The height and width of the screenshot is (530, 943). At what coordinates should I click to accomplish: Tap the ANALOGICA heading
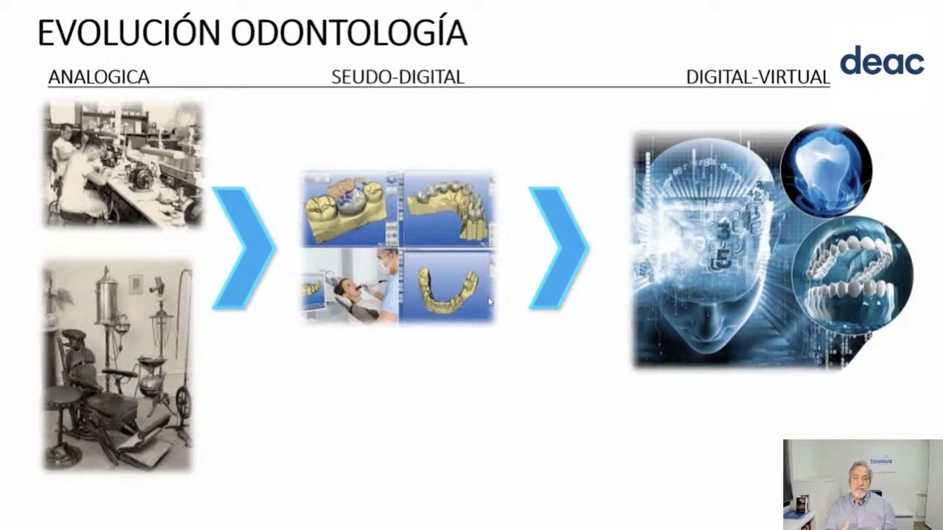coord(99,77)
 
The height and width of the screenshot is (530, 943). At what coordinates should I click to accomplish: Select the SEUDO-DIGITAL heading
coord(398,77)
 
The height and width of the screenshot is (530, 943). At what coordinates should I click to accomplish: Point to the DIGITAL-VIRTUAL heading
coord(758,77)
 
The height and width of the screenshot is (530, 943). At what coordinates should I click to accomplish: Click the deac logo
coord(882,60)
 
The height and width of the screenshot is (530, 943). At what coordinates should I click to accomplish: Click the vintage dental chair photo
coord(118,365)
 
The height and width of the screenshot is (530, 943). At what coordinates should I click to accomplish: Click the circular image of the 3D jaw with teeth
coord(852,275)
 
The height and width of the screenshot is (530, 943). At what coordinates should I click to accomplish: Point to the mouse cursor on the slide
coord(490,302)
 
